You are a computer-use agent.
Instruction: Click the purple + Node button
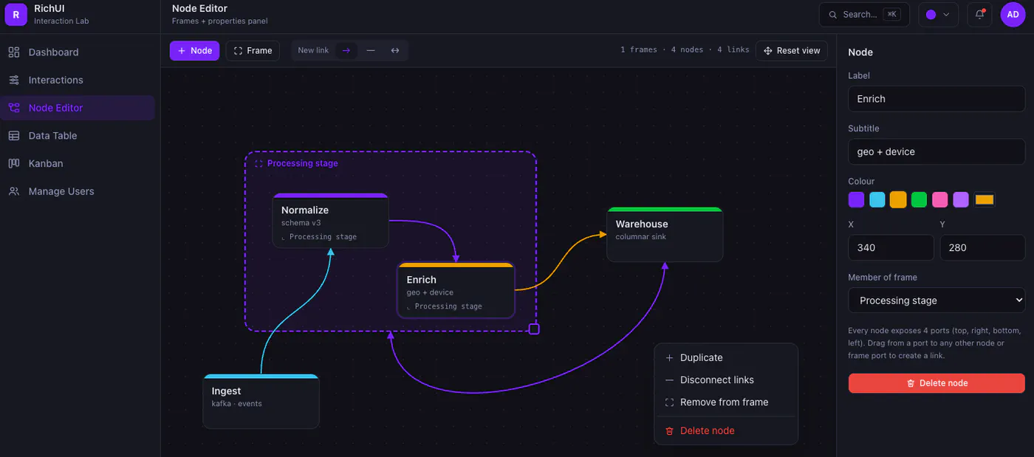pos(194,51)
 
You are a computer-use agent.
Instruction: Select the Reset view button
pos(792,51)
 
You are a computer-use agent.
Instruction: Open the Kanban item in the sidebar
pos(46,163)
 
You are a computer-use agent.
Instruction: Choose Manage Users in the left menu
pos(61,191)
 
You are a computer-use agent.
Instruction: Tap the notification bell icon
pos(979,14)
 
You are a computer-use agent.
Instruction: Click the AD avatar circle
pos(1013,14)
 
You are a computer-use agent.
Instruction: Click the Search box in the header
pos(864,14)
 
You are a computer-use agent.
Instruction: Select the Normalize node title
pos(304,210)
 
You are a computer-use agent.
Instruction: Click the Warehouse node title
pos(642,224)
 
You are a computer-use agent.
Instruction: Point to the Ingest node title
pos(226,391)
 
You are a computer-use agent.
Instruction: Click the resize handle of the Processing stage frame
pos(534,329)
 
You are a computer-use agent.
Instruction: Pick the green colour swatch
pos(919,200)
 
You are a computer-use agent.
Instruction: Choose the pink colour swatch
pos(939,200)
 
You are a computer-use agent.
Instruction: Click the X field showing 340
pos(891,248)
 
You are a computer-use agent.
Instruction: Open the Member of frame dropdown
pos(937,300)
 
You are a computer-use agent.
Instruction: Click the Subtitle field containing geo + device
pos(937,152)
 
